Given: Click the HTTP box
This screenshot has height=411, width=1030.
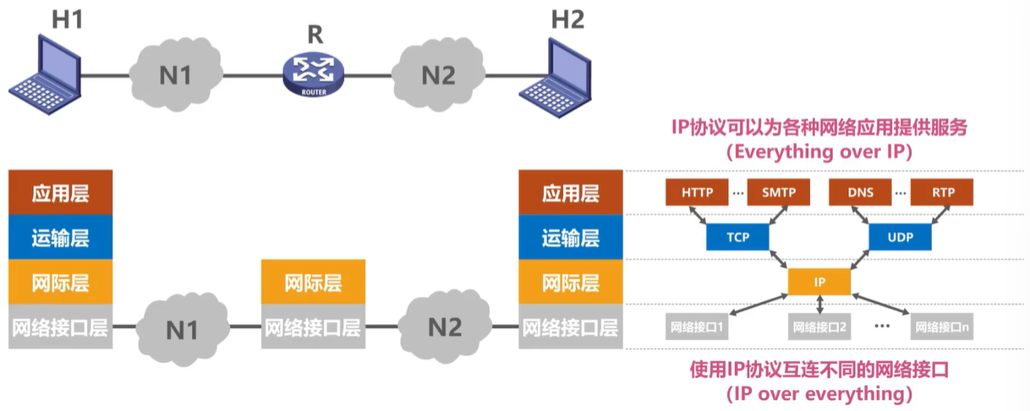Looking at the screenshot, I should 698,193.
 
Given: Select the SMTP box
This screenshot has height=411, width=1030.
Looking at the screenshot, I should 778,193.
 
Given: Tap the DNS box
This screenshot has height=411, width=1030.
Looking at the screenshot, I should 862,193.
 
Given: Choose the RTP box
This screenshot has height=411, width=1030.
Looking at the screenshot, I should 942,193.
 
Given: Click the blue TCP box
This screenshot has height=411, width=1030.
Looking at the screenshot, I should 738,238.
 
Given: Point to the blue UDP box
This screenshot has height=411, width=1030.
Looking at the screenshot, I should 901,238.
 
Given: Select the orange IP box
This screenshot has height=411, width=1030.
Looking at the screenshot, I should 819,282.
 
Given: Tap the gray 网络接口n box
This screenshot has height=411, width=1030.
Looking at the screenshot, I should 941,326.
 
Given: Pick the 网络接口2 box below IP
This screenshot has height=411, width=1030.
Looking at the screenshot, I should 819,326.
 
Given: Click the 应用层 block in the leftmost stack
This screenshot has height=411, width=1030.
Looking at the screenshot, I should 60,193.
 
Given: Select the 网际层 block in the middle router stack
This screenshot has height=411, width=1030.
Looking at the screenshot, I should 313,282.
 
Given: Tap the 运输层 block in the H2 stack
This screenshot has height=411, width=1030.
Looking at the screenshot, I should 570,238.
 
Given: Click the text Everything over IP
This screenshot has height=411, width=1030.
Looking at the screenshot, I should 819,153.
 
